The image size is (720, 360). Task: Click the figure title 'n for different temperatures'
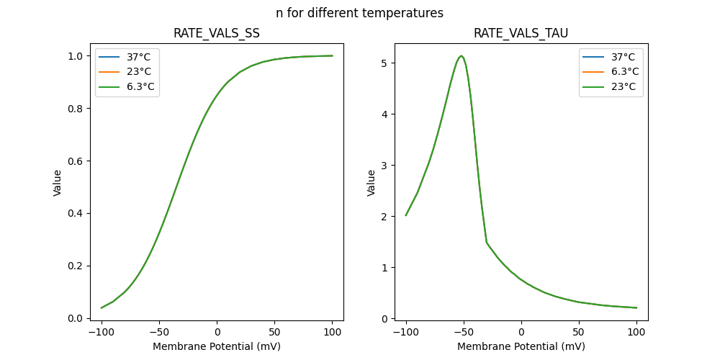pos(359,13)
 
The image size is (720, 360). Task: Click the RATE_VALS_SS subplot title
pos(217,34)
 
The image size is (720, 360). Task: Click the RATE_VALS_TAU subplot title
pos(521,34)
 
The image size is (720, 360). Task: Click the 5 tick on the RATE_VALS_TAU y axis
pos(385,63)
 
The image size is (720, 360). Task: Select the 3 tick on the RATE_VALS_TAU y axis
pos(385,166)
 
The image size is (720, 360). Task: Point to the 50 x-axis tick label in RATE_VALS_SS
pos(274,332)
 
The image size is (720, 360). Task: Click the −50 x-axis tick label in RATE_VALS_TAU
pos(464,332)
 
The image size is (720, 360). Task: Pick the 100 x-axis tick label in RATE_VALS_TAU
pos(636,332)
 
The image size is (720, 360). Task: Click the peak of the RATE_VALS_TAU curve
pos(462,56)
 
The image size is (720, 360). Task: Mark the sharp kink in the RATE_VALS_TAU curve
pos(487,242)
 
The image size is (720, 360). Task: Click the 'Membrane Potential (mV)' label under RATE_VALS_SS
pos(217,346)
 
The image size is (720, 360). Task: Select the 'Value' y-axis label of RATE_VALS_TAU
pos(372,183)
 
